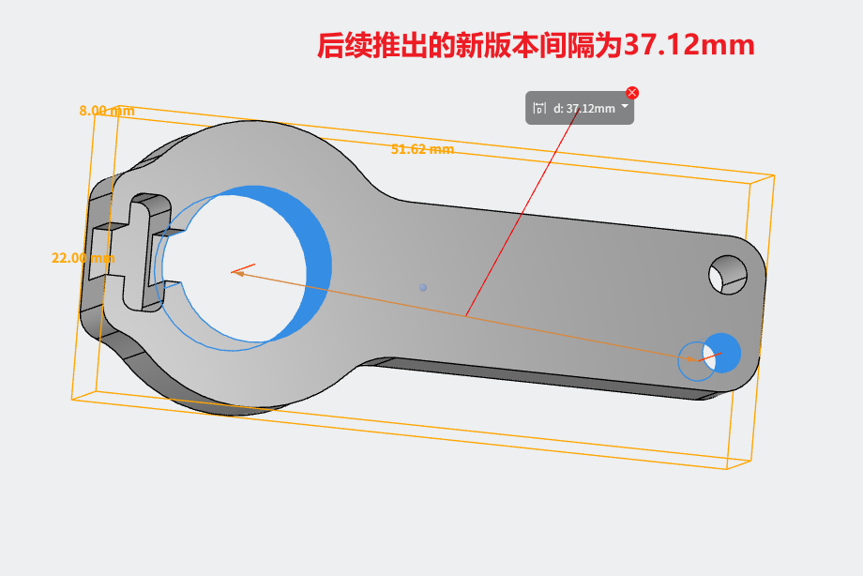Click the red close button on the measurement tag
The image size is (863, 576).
[x=632, y=93]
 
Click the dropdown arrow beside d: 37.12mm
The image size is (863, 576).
[x=625, y=106]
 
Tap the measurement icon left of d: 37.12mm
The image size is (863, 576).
[x=539, y=108]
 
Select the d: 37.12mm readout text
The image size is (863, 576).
[x=584, y=109]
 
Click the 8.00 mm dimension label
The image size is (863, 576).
[x=107, y=111]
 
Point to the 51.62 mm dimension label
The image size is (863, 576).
[x=423, y=149]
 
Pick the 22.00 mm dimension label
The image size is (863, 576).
[x=83, y=258]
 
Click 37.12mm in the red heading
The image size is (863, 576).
[x=689, y=45]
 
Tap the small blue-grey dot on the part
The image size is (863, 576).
[x=423, y=287]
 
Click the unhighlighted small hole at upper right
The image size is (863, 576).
[x=728, y=274]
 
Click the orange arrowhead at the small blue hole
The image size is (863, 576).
[x=693, y=359]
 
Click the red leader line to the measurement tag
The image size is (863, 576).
[x=522, y=213]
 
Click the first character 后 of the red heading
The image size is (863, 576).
[x=331, y=45]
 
